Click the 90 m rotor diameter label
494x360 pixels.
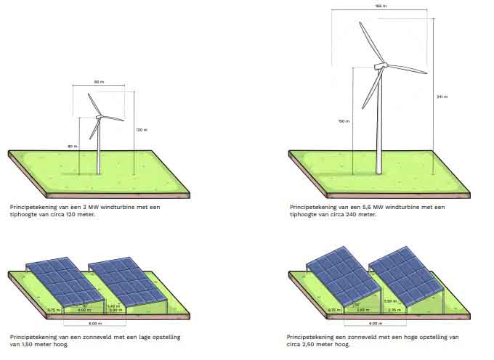click(x=98, y=81)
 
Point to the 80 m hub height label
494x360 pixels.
click(x=72, y=147)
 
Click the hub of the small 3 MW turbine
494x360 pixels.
click(x=99, y=117)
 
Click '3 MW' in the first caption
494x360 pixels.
click(x=78, y=207)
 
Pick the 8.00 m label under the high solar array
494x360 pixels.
click(x=375, y=323)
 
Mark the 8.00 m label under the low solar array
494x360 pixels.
click(x=94, y=323)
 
